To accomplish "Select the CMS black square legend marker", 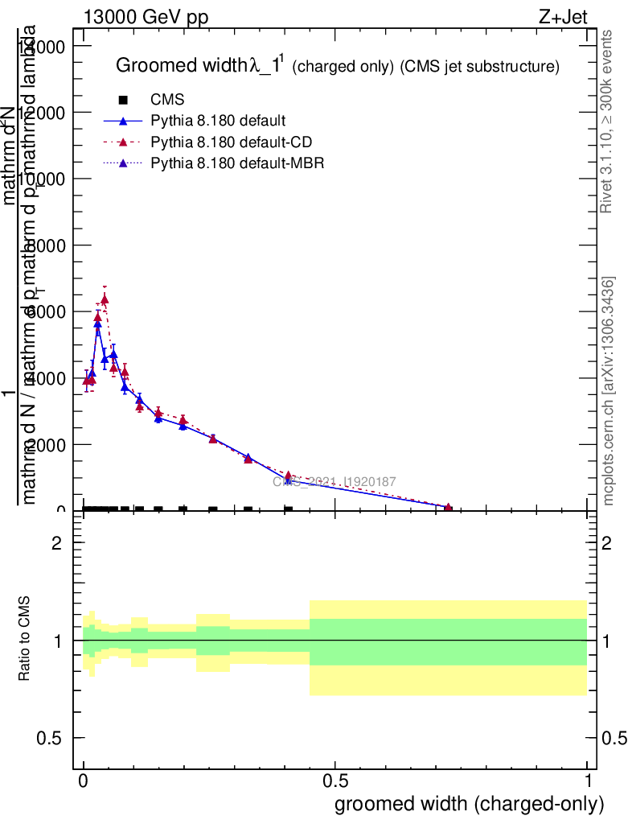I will point(123,100).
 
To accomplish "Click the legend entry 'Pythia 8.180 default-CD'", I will point(231,142).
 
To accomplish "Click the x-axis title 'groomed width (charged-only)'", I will point(469,804).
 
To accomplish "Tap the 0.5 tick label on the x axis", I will point(335,781).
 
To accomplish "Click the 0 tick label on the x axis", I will point(84,781).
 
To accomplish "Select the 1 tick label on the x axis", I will point(588,781).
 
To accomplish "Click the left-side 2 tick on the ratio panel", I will point(57,543).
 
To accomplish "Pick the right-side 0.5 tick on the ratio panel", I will point(614,738).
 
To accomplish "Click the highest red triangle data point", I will point(105,299).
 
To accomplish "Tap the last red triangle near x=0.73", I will point(448,508).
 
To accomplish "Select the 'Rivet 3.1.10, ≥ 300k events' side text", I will point(607,122).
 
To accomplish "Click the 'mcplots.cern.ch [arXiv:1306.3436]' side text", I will point(609,391).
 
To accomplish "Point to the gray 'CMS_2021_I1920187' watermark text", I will point(334,482).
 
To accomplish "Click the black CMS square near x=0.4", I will point(288,509).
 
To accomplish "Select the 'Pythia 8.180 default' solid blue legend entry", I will point(218,122).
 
